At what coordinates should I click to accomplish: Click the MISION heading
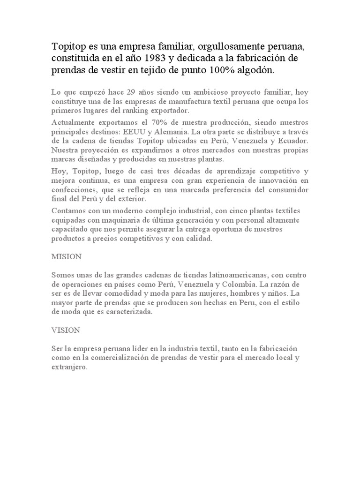pos(66,256)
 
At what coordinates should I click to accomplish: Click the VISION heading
pos(66,330)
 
